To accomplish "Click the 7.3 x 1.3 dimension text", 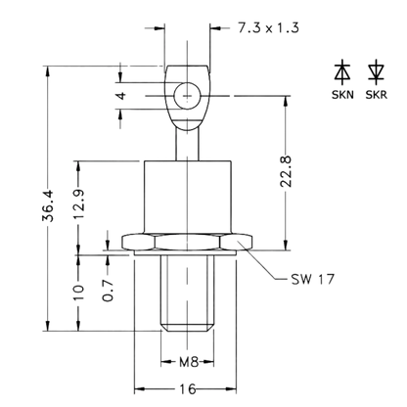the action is click(268, 27).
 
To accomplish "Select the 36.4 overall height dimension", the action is click(48, 205).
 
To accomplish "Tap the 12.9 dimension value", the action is click(78, 203).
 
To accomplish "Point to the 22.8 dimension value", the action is click(286, 171).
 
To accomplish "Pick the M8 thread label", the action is click(189, 362).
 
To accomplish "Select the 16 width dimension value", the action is click(188, 388).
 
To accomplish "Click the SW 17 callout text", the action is click(312, 279).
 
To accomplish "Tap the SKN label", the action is click(342, 95).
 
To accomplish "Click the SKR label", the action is click(376, 95).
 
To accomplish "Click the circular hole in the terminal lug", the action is click(187, 96).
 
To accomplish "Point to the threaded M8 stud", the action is click(187, 294).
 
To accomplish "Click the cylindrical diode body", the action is click(188, 197).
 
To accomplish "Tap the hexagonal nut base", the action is click(187, 243).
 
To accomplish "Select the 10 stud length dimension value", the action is click(78, 293).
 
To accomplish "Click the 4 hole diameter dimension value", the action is click(121, 96).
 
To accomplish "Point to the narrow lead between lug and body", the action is click(187, 144).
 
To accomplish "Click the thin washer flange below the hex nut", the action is click(185, 253).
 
